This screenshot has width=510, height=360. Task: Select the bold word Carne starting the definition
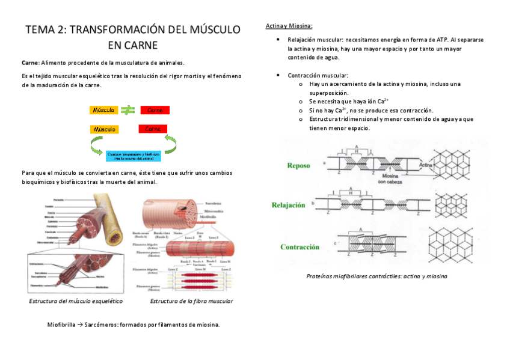coord(30,63)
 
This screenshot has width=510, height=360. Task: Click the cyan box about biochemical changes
coord(134,156)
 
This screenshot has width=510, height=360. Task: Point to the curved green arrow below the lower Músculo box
coord(96,145)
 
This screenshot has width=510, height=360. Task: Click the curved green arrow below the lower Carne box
coord(171,144)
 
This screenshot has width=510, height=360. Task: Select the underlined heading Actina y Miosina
coord(289,26)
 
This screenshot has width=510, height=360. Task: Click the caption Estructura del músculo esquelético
coord(76,301)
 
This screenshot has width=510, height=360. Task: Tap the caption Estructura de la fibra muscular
coord(191,301)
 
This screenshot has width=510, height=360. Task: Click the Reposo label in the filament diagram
coord(299,165)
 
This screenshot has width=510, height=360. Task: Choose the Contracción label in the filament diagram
coord(299,247)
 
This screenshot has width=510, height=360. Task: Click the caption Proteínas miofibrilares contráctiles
coord(376,276)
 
